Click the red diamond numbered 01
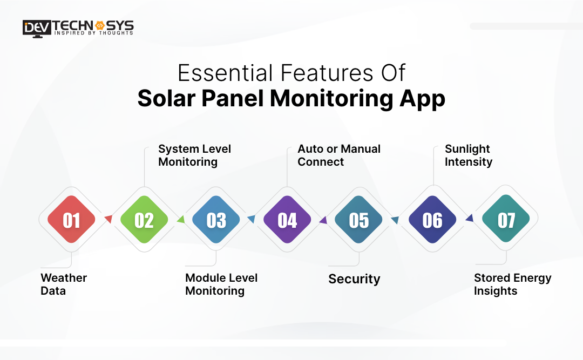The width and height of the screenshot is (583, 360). (x=71, y=220)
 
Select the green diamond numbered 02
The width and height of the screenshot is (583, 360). (x=144, y=220)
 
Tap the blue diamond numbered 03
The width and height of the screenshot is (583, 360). (x=216, y=220)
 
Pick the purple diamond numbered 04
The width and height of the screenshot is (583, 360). (x=287, y=220)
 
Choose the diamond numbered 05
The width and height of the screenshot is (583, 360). (x=359, y=220)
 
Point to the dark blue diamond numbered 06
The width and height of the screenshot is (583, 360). (x=432, y=220)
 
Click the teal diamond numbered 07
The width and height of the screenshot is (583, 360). (x=506, y=219)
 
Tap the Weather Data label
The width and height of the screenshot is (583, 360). (x=64, y=284)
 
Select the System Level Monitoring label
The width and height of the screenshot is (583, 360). (x=194, y=155)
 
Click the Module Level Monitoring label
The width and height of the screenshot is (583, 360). (x=221, y=284)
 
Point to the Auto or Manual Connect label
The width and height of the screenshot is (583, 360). (x=338, y=155)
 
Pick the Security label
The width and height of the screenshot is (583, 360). (x=354, y=279)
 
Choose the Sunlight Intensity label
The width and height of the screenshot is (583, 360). (x=469, y=155)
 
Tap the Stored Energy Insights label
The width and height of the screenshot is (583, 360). (x=512, y=284)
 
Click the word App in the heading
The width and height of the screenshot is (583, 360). (x=422, y=99)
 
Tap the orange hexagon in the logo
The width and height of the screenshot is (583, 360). (x=99, y=25)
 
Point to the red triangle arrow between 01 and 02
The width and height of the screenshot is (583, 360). (x=109, y=219)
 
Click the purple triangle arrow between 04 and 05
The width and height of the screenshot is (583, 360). (x=323, y=220)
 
